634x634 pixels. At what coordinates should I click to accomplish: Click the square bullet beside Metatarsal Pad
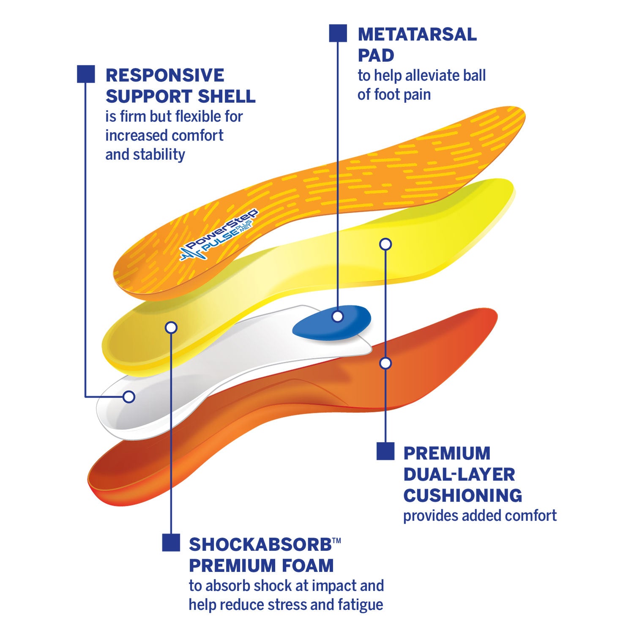(338, 33)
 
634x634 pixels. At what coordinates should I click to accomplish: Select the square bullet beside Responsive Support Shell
(86, 74)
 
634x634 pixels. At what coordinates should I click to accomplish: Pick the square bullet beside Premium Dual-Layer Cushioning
(385, 451)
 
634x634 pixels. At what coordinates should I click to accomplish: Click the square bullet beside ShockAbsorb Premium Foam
(171, 542)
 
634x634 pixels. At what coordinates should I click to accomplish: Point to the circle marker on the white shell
(129, 397)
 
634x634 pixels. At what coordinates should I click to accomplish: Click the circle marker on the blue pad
(337, 316)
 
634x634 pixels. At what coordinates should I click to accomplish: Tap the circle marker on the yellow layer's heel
(171, 327)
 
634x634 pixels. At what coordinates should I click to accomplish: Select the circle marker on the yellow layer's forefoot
(385, 244)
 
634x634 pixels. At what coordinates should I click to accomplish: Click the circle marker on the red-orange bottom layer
(385, 363)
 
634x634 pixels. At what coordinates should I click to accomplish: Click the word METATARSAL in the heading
(417, 35)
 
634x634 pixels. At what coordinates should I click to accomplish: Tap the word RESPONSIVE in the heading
(165, 76)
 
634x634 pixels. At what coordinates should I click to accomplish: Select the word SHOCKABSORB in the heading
(260, 545)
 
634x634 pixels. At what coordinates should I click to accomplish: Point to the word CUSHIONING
(462, 495)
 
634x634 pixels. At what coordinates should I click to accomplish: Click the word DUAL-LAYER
(459, 474)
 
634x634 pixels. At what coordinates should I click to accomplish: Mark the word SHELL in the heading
(227, 97)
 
